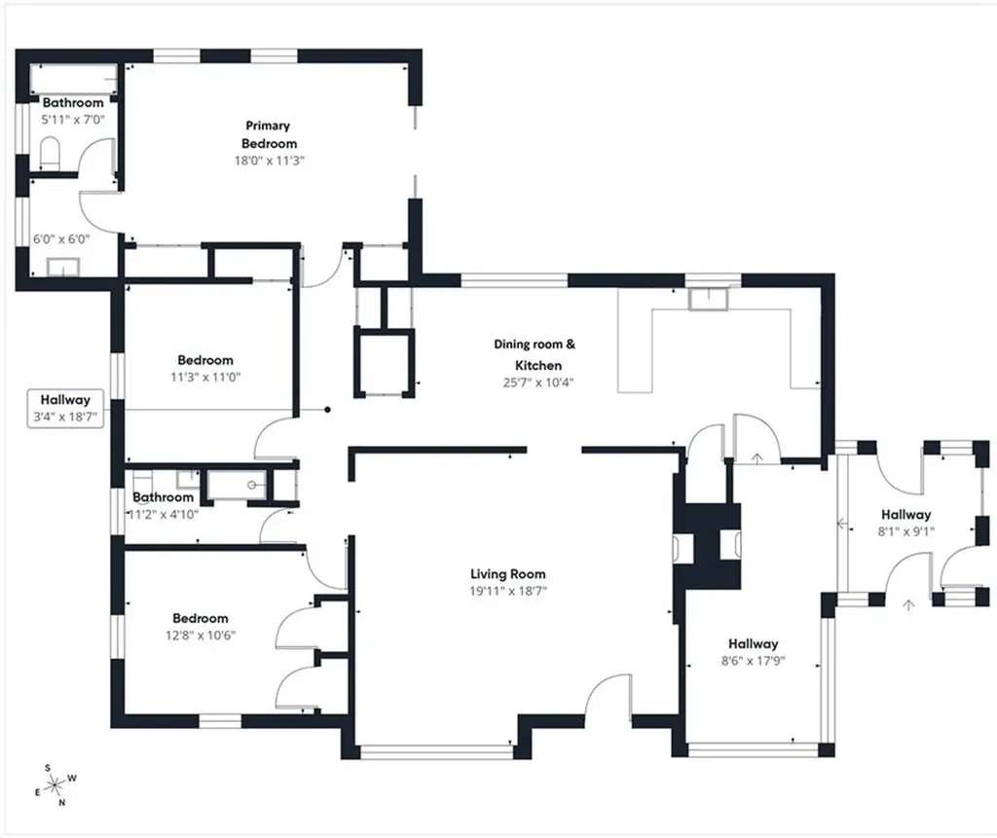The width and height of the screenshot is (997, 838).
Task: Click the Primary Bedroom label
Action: coord(269,134)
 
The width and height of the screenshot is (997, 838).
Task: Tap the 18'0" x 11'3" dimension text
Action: coord(269,161)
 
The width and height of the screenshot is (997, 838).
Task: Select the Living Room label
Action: coord(507,574)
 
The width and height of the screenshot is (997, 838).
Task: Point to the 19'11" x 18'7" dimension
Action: coord(508,592)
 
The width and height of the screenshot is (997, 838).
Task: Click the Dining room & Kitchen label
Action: coord(535,355)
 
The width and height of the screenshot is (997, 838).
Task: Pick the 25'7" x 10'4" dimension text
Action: coord(537,383)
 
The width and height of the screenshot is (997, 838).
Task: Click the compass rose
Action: coord(55,785)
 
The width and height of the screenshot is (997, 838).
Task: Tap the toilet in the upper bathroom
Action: coord(50,153)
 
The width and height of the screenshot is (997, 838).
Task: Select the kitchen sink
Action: coord(708,299)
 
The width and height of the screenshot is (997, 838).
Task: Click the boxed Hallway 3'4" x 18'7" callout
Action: coord(65,409)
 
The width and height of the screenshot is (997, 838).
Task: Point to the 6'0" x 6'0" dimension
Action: coord(61,239)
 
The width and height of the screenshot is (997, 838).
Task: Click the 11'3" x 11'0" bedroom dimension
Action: coord(204,377)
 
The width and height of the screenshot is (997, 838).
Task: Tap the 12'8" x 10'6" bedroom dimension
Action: coord(201,636)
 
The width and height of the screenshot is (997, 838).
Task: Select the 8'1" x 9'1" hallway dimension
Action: coord(905,531)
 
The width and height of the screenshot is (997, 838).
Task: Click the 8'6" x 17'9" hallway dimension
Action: coord(753,661)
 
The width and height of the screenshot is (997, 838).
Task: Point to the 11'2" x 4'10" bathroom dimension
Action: coord(164,514)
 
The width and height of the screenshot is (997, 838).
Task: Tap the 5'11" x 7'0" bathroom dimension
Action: coord(73,120)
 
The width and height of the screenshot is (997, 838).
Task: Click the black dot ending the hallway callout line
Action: coord(327,410)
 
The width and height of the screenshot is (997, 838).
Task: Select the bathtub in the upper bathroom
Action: coord(74,79)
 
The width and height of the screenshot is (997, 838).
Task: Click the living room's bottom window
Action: coord(436,752)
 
